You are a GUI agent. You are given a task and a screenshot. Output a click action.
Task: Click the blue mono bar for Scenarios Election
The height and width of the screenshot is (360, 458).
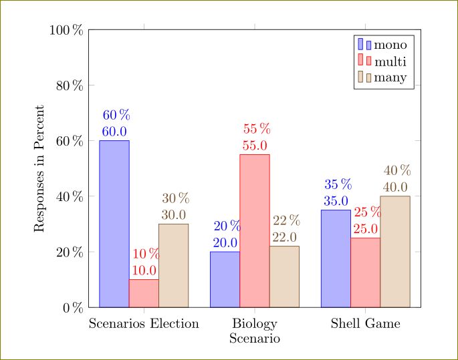click(x=114, y=224)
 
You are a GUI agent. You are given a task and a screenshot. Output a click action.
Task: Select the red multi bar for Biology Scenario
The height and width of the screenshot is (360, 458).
click(x=255, y=230)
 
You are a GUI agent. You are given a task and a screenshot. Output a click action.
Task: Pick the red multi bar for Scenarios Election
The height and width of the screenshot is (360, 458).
click(x=144, y=293)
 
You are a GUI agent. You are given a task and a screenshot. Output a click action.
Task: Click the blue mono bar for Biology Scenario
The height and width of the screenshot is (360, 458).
click(x=225, y=279)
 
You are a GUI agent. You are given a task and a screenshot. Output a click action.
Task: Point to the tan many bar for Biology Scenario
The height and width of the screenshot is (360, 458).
click(x=284, y=277)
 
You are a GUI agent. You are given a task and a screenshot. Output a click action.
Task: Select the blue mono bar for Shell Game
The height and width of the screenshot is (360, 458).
click(x=336, y=258)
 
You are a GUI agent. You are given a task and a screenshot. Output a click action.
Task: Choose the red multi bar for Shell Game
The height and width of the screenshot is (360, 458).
click(x=366, y=273)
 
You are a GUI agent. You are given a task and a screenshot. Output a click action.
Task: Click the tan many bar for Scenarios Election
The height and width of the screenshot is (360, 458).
click(x=173, y=265)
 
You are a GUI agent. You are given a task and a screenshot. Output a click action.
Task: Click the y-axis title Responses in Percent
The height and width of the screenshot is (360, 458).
click(x=39, y=168)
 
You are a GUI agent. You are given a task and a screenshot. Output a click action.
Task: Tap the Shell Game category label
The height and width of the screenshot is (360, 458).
click(x=366, y=325)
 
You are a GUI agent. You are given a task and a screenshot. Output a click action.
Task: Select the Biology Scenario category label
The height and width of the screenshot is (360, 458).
click(x=255, y=331)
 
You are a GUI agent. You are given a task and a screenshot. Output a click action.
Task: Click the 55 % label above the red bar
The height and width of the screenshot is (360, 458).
click(x=257, y=129)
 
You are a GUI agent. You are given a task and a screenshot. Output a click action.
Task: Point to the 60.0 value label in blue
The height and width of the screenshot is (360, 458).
click(x=114, y=132)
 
